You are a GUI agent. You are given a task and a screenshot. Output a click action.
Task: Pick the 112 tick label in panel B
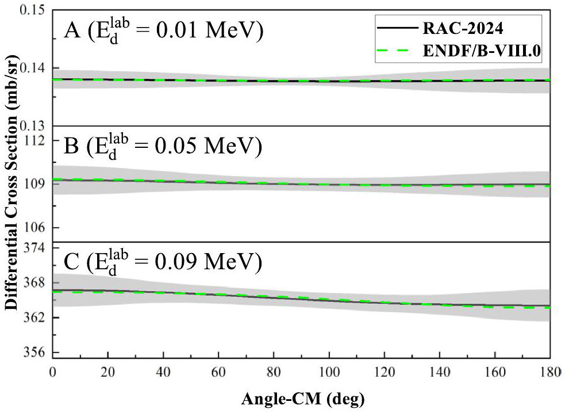[39, 141]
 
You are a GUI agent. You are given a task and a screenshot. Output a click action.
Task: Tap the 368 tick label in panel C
[39, 282]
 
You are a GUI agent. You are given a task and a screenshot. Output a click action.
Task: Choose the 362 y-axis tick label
[39, 318]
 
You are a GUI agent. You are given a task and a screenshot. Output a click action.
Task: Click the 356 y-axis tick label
[39, 353]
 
